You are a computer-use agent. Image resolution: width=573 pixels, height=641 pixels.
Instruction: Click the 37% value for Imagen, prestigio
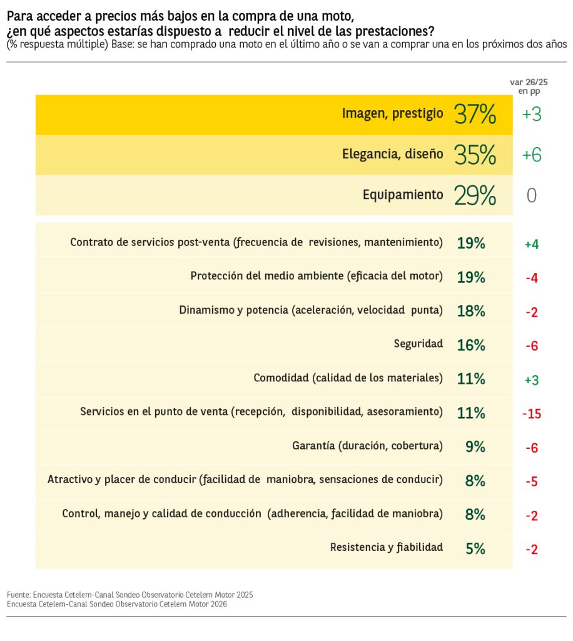475,115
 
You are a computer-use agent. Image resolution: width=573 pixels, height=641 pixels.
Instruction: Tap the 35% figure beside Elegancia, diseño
475,155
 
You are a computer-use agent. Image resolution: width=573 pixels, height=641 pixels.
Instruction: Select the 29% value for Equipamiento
475,195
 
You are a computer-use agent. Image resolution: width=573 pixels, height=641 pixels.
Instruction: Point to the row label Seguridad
418,344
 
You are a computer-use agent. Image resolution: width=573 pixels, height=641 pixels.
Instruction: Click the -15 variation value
531,414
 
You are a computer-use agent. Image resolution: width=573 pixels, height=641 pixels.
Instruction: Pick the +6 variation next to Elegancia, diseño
531,155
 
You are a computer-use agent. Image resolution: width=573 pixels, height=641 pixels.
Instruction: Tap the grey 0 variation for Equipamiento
531,196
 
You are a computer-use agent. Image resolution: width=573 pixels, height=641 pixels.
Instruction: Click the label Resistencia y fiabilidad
387,547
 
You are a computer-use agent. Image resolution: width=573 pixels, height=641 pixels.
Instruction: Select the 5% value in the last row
475,549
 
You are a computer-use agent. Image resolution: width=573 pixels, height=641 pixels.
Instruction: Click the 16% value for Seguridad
471,345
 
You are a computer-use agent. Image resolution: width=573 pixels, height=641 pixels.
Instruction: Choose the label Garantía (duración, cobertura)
367,446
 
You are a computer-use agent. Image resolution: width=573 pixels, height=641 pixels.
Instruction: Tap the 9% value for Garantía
475,447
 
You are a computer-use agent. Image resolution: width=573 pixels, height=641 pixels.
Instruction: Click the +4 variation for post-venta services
531,244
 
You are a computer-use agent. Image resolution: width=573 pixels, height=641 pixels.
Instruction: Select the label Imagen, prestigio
392,114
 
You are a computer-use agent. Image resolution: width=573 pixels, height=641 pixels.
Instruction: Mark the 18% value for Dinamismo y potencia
471,311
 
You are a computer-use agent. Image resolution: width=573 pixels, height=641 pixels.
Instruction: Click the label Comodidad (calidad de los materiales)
348,378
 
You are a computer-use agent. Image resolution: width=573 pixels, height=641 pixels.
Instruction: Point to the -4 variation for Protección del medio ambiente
531,278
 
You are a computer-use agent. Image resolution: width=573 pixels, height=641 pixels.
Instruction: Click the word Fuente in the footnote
18,594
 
